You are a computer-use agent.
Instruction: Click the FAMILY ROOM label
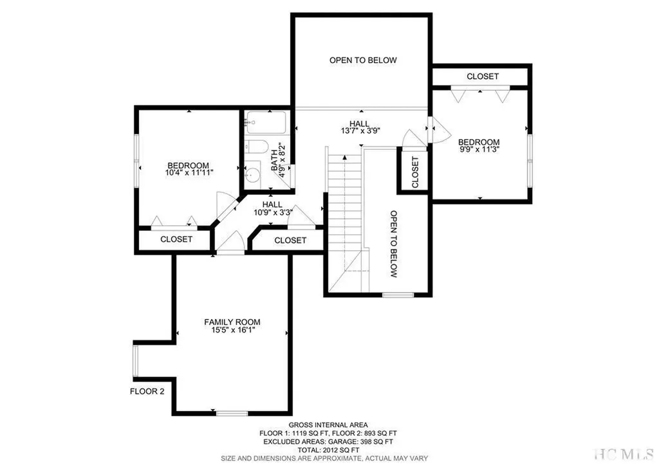tap(232, 322)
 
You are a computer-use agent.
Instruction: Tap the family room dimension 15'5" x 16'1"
tap(232, 331)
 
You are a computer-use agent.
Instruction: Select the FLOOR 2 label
tap(148, 390)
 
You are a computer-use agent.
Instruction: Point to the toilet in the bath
tap(255, 147)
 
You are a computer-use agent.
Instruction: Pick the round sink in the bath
tap(254, 175)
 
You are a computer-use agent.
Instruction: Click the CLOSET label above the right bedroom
tap(483, 76)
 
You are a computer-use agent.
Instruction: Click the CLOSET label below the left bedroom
tap(176, 239)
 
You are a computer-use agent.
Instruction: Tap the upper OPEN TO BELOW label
tap(363, 60)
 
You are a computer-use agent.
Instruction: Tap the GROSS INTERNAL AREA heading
tap(328, 424)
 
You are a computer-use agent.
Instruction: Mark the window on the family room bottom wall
tap(232, 413)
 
